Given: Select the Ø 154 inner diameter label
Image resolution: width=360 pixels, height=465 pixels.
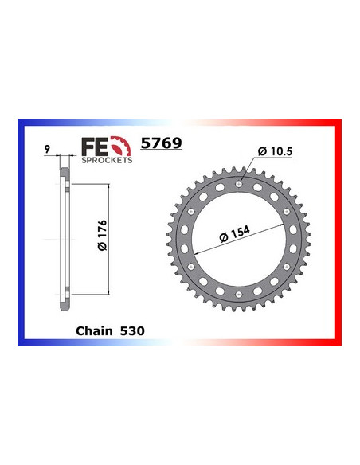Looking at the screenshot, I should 236,234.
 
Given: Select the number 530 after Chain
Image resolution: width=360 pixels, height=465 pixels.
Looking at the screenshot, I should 131,329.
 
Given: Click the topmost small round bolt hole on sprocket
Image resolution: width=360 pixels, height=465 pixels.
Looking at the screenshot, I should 239,185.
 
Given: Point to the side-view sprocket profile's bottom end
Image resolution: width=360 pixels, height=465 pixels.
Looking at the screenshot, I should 63,313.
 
